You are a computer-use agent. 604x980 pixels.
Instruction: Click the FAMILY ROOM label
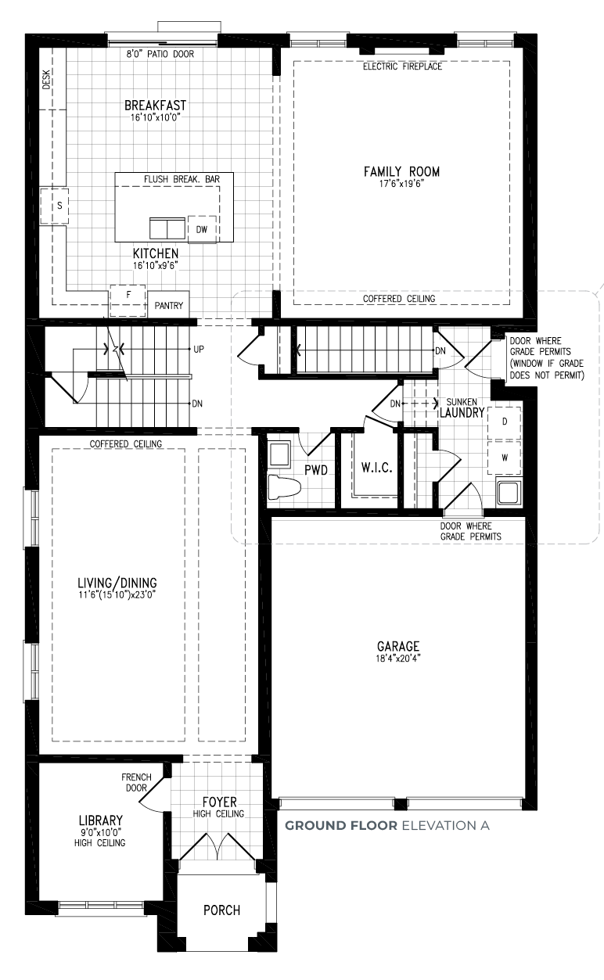[x=401, y=171]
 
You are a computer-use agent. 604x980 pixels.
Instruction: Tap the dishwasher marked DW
[x=202, y=229]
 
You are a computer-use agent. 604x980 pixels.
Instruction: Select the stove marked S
[x=54, y=206]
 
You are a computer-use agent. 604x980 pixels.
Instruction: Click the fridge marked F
[x=128, y=300]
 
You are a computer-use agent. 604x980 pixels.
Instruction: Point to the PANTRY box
[x=168, y=304]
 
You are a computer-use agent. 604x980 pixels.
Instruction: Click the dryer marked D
[x=505, y=423]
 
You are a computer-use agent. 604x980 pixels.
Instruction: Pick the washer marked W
[x=505, y=458]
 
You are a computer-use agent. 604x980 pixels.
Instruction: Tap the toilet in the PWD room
[x=284, y=487]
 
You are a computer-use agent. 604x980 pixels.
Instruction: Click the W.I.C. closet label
[x=376, y=468]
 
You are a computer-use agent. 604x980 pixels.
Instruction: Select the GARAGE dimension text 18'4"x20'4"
[x=398, y=658]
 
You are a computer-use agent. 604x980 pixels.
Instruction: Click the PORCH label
[x=222, y=910]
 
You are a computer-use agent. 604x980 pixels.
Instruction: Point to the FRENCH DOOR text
[x=137, y=782]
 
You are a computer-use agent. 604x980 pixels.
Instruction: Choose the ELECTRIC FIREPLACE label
[x=403, y=66]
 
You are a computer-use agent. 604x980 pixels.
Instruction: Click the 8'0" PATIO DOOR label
[x=160, y=54]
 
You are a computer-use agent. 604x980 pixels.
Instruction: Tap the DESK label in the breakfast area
[x=46, y=80]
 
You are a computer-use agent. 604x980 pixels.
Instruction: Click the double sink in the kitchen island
[x=167, y=228]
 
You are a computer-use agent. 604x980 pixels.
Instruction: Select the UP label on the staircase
[x=199, y=350]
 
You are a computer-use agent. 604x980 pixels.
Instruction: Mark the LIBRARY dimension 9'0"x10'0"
[x=100, y=832]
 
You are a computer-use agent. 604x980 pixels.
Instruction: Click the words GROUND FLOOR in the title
[x=341, y=826]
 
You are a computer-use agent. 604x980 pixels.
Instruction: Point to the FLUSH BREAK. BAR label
[x=182, y=179]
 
